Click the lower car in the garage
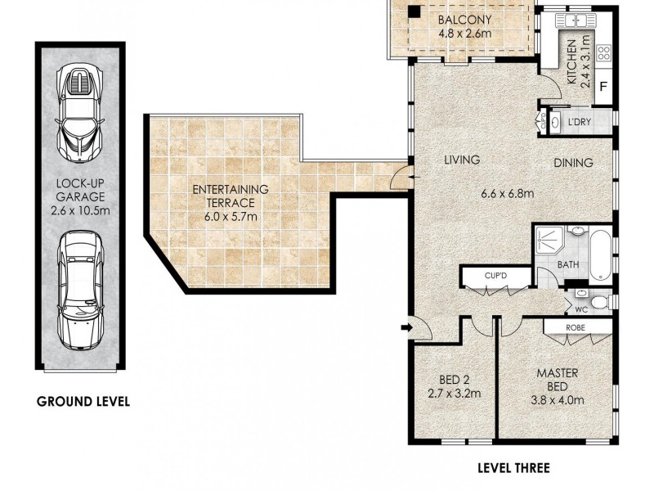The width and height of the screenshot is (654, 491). pos(79,291)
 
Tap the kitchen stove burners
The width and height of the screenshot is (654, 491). pos(604,54)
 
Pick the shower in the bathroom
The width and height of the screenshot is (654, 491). pos(551,243)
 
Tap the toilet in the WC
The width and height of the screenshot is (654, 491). pos(599,304)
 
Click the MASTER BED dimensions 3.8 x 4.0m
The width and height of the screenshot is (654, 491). pos(557,401)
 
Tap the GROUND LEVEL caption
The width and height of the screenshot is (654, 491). pos(83,402)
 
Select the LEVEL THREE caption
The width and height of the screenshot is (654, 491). pos(513,468)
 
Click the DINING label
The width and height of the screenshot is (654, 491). pos(572,163)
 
